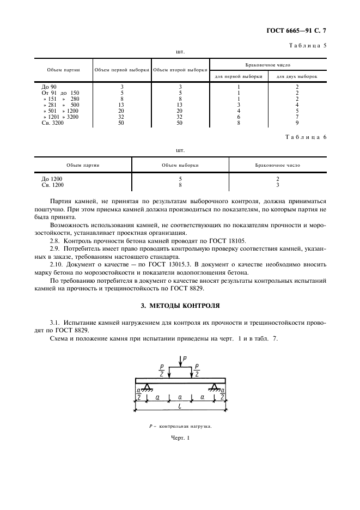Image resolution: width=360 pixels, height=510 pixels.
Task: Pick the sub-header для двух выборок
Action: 297,76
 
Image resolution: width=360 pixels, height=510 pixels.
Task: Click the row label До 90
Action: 49,87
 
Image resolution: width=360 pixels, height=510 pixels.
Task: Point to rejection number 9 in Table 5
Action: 297,124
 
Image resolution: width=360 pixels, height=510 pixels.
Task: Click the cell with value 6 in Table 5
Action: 239,117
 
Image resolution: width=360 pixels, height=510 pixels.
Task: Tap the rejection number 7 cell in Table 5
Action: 297,117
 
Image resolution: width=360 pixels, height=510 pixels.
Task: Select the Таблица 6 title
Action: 306,137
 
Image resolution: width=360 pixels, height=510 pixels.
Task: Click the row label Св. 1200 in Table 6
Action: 53,185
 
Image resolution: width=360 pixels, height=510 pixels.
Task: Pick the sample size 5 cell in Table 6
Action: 180,179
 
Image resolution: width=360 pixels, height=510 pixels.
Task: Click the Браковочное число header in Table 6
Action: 277,165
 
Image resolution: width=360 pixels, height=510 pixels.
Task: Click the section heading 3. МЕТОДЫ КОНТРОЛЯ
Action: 180,306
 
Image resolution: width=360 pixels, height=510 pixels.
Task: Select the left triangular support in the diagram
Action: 147,387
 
